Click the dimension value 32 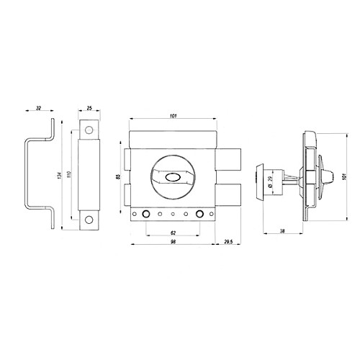pos(38,108)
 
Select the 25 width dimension pos(89,108)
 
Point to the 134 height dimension pos(60,176)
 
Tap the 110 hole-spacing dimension pos(69,174)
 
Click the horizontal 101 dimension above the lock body pos(173,116)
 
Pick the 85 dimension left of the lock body pos(118,176)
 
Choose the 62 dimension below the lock pos(173,233)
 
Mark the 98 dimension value pos(173,242)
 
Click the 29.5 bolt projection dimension pos(228,242)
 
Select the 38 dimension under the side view pos(282,231)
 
